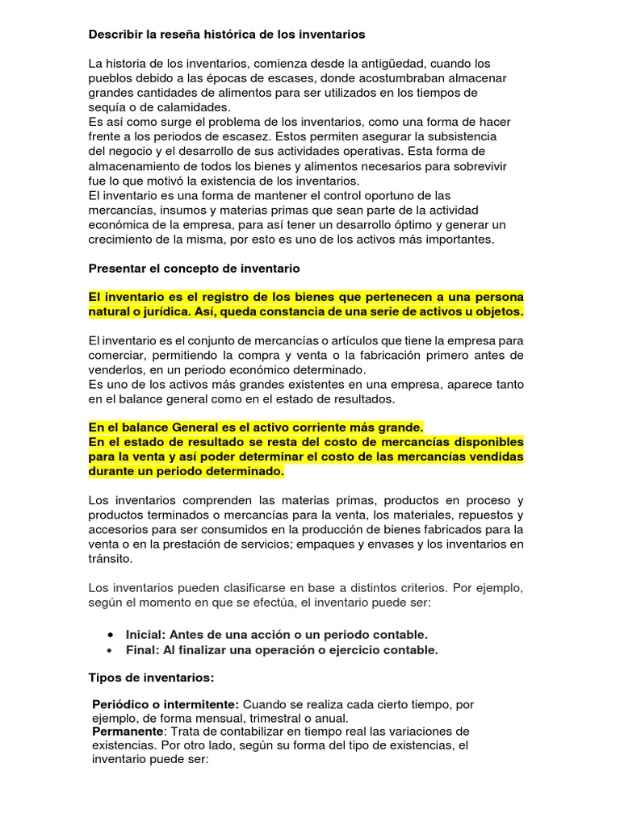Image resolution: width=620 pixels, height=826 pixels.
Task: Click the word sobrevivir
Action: [476, 165]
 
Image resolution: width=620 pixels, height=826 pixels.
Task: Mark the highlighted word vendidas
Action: [495, 457]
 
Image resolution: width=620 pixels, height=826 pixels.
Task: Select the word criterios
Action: [422, 587]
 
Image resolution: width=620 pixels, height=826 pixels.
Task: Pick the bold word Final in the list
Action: [143, 649]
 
